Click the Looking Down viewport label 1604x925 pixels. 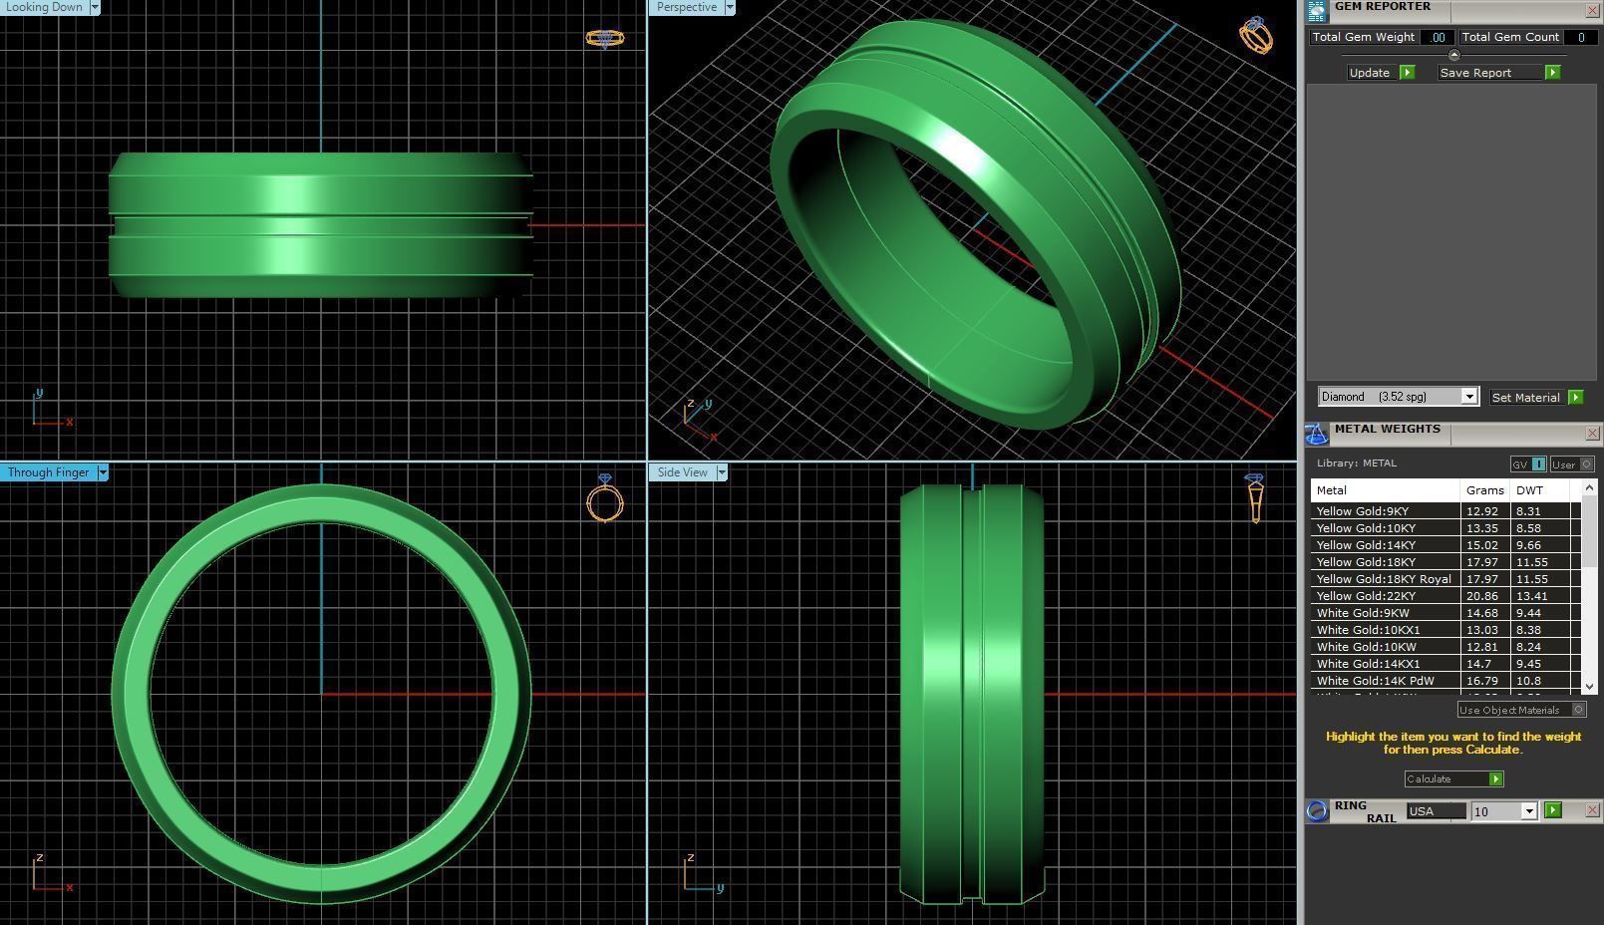[x=45, y=7]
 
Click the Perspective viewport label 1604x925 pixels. [x=687, y=7]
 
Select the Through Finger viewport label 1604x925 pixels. [x=48, y=472]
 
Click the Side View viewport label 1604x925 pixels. [x=682, y=472]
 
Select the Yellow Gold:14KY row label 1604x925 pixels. [x=1366, y=545]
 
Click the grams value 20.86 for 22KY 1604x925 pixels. [x=1481, y=596]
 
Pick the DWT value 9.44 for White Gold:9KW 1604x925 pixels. [x=1528, y=613]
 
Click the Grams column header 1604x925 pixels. [x=1484, y=490]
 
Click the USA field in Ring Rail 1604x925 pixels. [x=1435, y=811]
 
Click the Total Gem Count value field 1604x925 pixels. [x=1580, y=37]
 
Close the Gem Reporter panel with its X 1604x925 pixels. [x=1592, y=10]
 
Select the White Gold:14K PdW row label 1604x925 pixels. [x=1375, y=681]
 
